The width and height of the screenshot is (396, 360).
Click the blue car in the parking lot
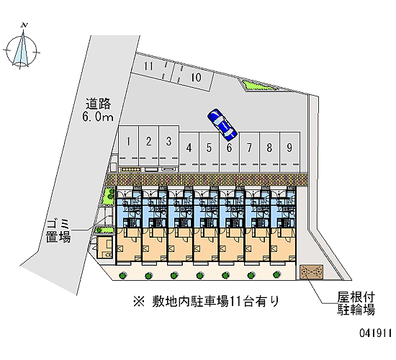click(222, 125)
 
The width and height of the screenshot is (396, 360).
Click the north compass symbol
click(22, 48)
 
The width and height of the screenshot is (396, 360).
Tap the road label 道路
click(98, 104)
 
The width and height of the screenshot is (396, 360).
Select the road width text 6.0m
click(98, 117)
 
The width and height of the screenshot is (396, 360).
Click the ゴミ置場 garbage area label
click(58, 231)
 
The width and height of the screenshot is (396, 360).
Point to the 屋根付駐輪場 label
click(356, 303)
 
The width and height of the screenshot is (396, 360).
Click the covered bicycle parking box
click(311, 272)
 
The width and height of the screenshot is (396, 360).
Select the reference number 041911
click(376, 333)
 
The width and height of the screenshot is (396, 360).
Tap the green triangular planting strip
click(258, 85)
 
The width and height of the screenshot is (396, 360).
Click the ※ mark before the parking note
click(139, 302)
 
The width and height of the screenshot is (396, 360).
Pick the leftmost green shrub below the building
click(122, 275)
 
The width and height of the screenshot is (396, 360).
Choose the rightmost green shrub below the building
click(276, 274)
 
